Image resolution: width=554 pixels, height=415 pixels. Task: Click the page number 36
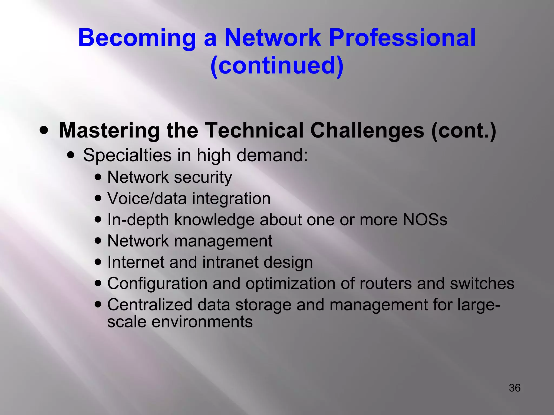515,388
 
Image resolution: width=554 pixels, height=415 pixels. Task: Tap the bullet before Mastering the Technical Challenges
44,131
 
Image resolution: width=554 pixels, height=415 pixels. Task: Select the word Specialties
127,156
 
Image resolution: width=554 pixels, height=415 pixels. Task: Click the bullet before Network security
98,178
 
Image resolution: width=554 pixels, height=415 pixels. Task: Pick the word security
203,178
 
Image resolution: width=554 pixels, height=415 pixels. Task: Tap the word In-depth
138,220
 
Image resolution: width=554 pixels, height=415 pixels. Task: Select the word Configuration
157,284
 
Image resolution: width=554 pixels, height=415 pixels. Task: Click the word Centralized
150,305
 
